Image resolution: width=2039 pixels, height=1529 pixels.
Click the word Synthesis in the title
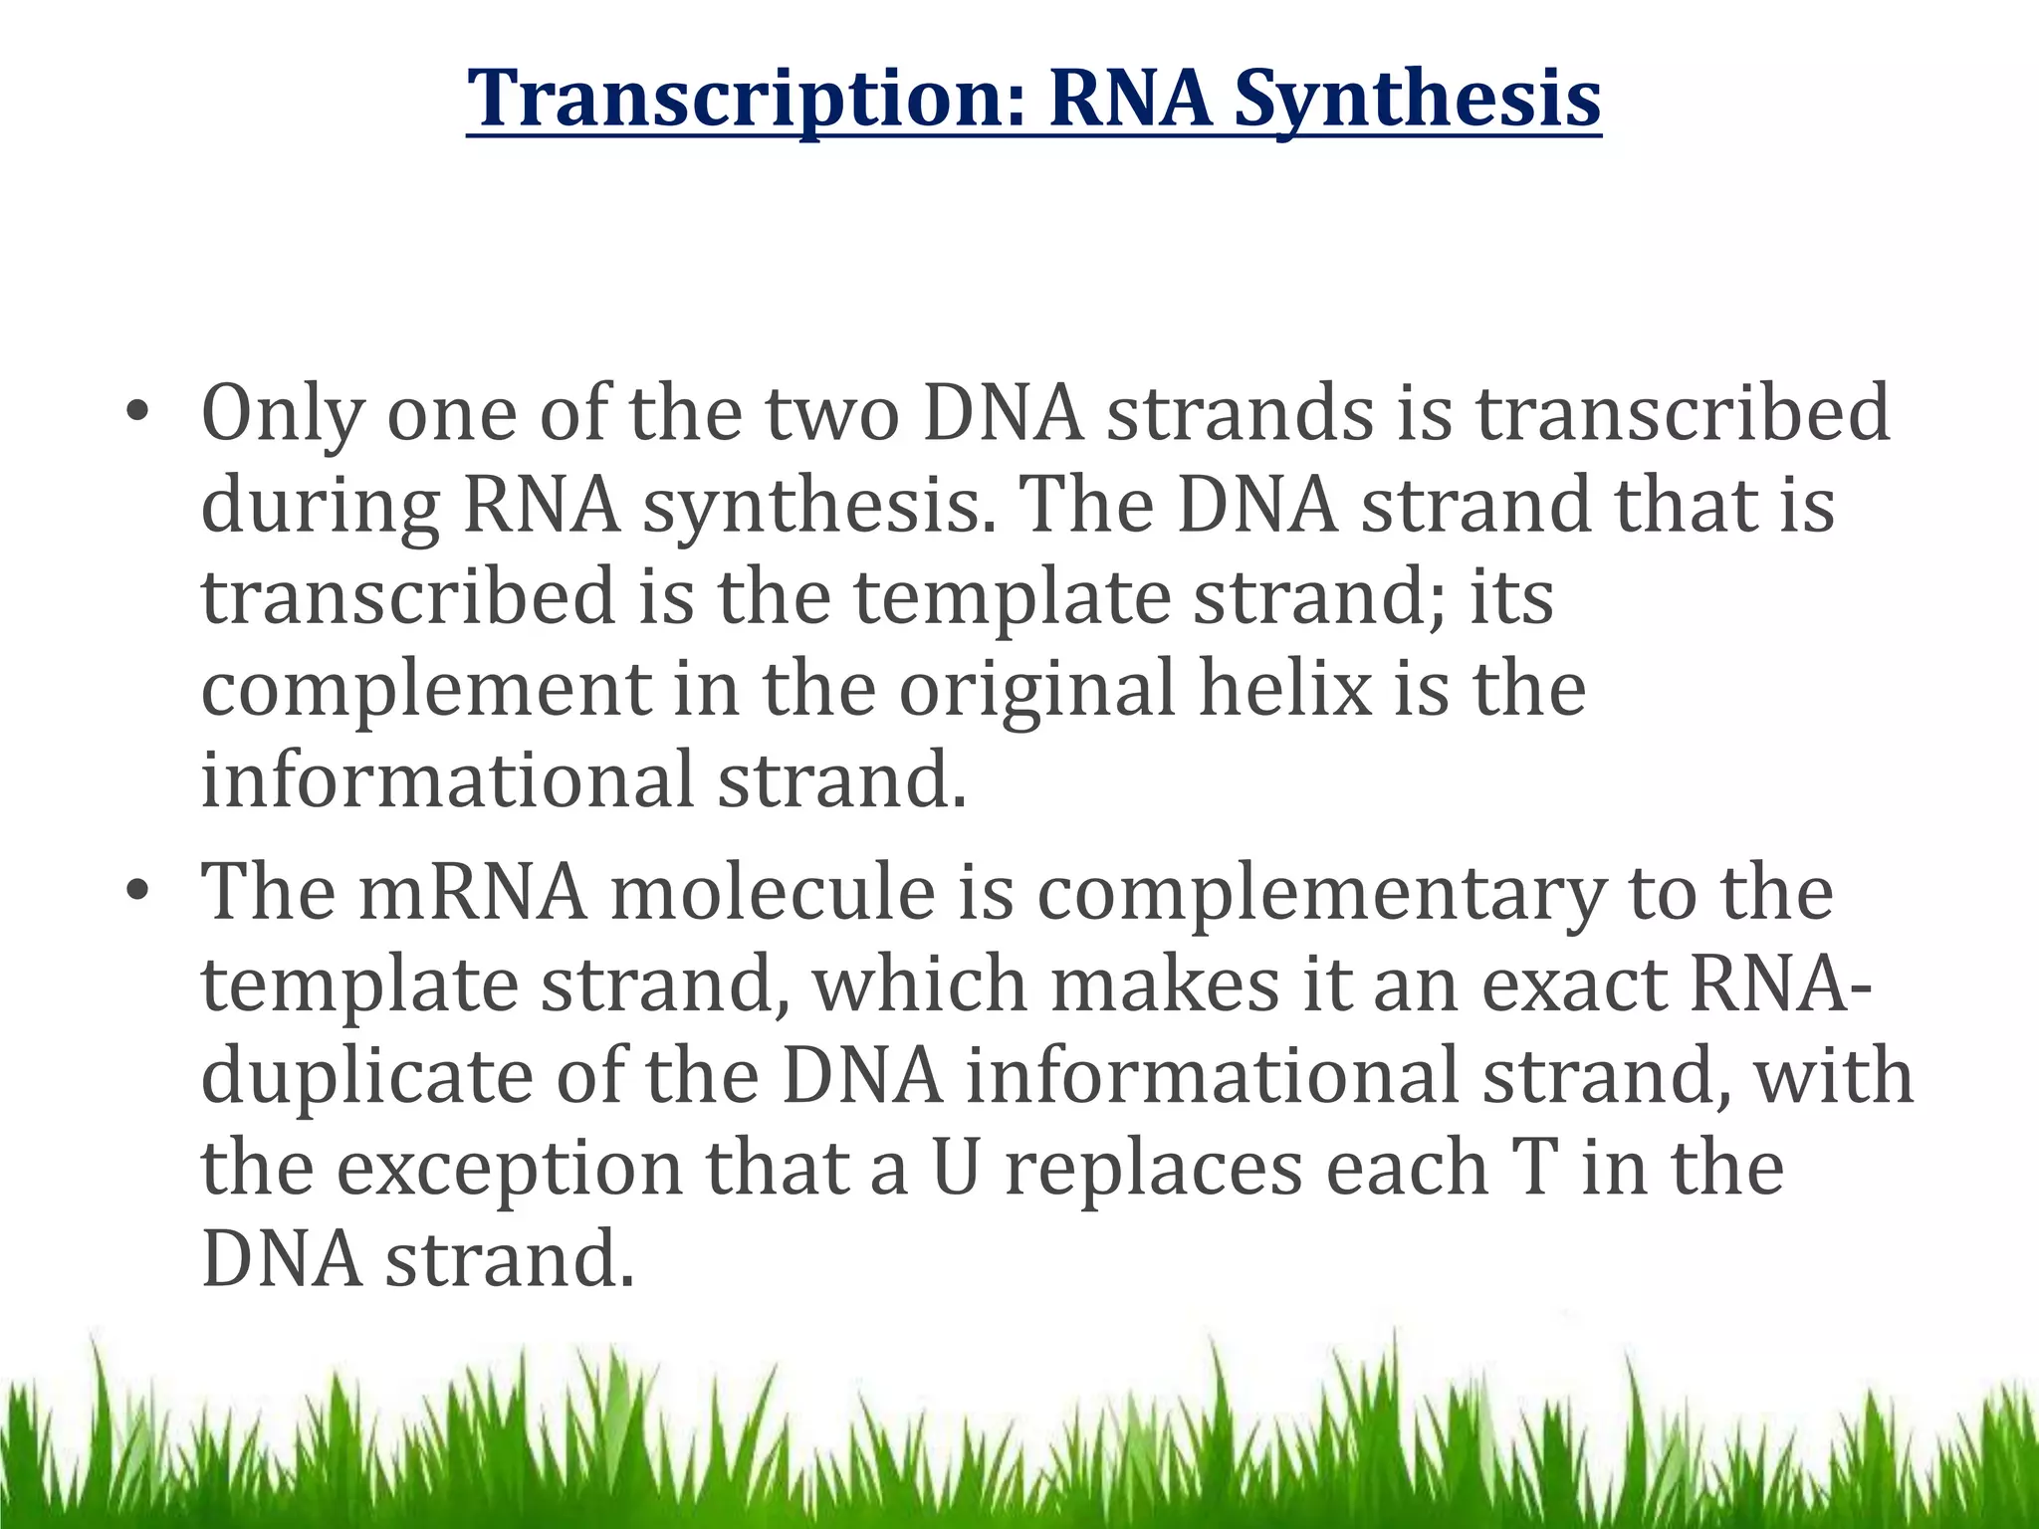pyautogui.click(x=1418, y=99)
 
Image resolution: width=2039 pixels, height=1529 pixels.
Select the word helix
pyautogui.click(x=1284, y=690)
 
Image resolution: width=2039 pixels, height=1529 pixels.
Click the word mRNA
pyautogui.click(x=473, y=893)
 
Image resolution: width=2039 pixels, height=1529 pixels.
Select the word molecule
pyautogui.click(x=773, y=893)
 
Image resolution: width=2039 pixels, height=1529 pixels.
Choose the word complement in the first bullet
pyautogui.click(x=426, y=690)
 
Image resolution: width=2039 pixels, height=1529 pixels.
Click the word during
pyautogui.click(x=320, y=506)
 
